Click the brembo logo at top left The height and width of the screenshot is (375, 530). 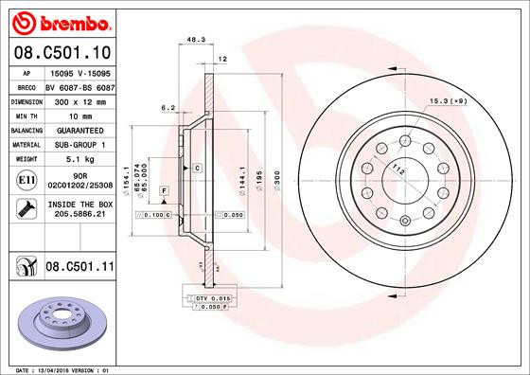(59, 21)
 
